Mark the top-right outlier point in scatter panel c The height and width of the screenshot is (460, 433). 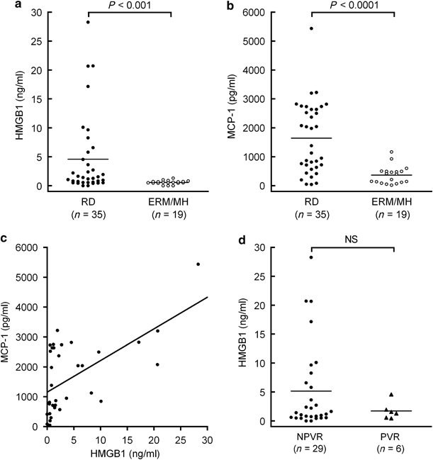pyautogui.click(x=198, y=264)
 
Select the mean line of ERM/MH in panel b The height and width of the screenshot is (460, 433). pyautogui.click(x=391, y=175)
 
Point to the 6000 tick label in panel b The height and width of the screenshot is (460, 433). pyautogui.click(x=262, y=13)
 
